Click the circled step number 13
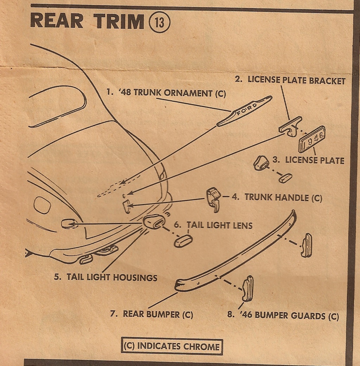pos(160,23)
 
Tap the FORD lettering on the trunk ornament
pos(247,109)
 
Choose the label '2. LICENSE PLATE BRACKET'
pos(290,80)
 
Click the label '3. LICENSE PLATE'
pos(308,160)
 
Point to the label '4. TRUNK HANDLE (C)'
pos(277,197)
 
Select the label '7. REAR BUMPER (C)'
pos(152,314)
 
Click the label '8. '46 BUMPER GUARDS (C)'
pos(283,315)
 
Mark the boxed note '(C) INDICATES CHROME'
pos(172,346)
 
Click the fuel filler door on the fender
pos(42,205)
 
